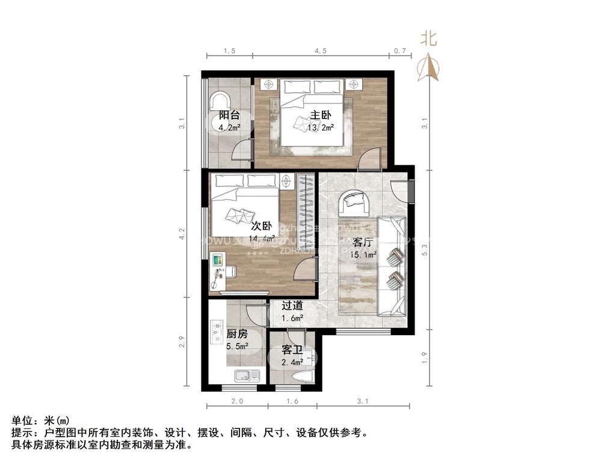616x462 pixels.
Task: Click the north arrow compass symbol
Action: [x=429, y=67]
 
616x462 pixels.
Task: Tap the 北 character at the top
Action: [x=428, y=39]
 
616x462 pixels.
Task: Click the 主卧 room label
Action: [x=321, y=115]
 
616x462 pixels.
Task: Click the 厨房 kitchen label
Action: [x=237, y=333]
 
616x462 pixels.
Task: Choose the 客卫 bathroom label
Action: [x=292, y=350]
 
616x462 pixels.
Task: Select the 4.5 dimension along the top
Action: [x=320, y=51]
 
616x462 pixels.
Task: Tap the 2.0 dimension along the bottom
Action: [x=236, y=401]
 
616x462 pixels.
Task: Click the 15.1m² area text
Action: [x=363, y=255]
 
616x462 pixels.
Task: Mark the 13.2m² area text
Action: [x=321, y=128]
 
